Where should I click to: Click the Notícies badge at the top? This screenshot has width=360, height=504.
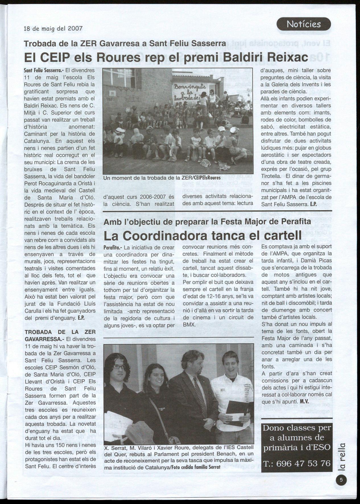pos(303,24)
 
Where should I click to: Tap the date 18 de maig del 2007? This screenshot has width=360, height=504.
pos(53,29)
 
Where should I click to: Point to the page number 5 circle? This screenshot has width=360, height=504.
pos(341,480)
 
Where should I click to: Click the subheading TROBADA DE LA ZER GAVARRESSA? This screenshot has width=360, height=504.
pos(60,336)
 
